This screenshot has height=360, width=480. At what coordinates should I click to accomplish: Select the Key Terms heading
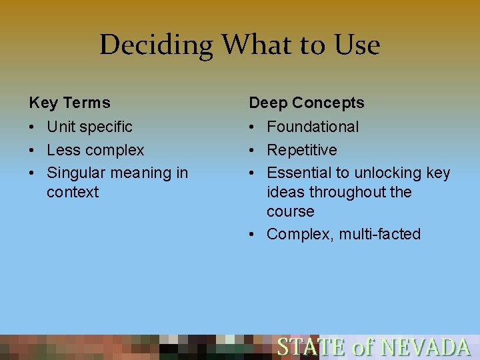pos(69,103)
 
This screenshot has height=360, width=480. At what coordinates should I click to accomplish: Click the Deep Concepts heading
pos(307,103)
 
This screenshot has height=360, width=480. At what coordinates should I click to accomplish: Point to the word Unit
pos(61,127)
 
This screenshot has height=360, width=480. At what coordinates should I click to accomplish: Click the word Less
pos(61,150)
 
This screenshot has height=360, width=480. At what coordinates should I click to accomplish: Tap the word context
pos(73,192)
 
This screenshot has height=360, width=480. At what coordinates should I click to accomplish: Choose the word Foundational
pos(313,127)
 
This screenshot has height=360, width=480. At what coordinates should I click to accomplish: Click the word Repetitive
pos(302,150)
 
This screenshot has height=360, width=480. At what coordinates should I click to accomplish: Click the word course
pos(290,211)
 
